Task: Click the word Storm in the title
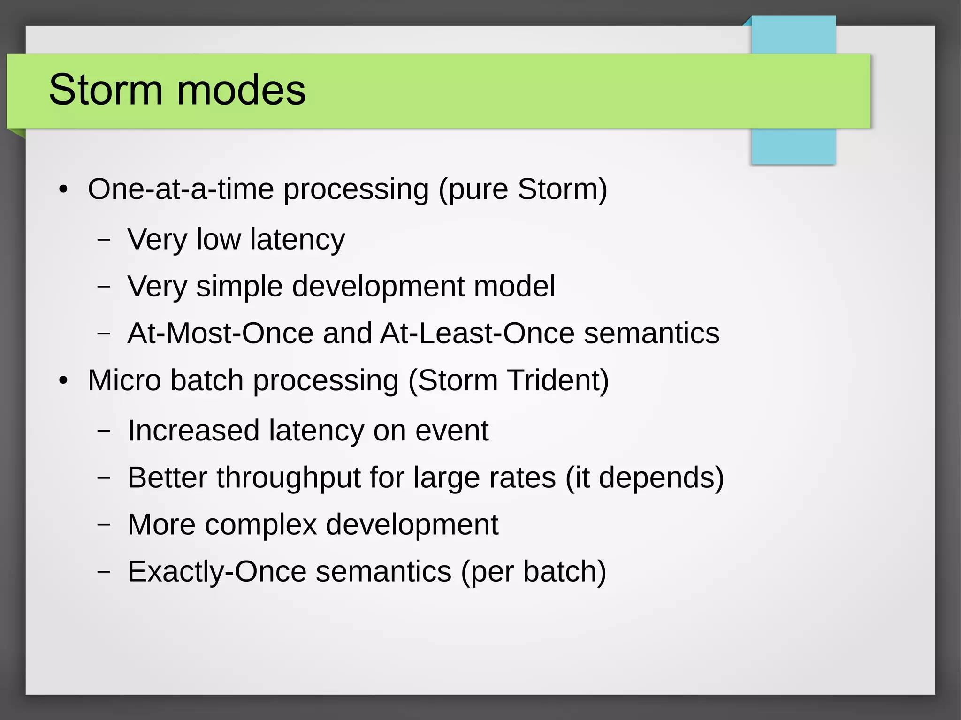tap(106, 90)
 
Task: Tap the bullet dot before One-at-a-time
tap(63, 190)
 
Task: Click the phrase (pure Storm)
tap(523, 190)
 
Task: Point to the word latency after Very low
tap(297, 240)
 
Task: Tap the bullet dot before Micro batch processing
tap(63, 381)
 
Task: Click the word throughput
tap(289, 478)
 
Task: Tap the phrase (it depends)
tap(645, 478)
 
